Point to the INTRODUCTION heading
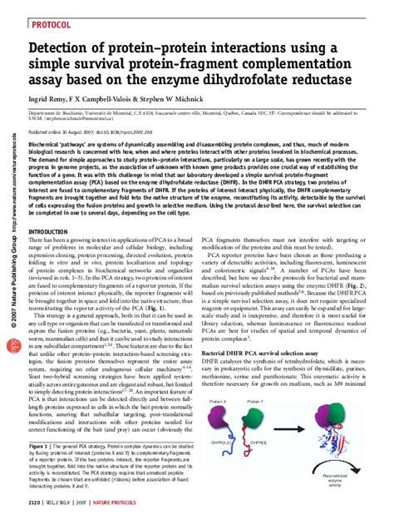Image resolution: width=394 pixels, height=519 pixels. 49,230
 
